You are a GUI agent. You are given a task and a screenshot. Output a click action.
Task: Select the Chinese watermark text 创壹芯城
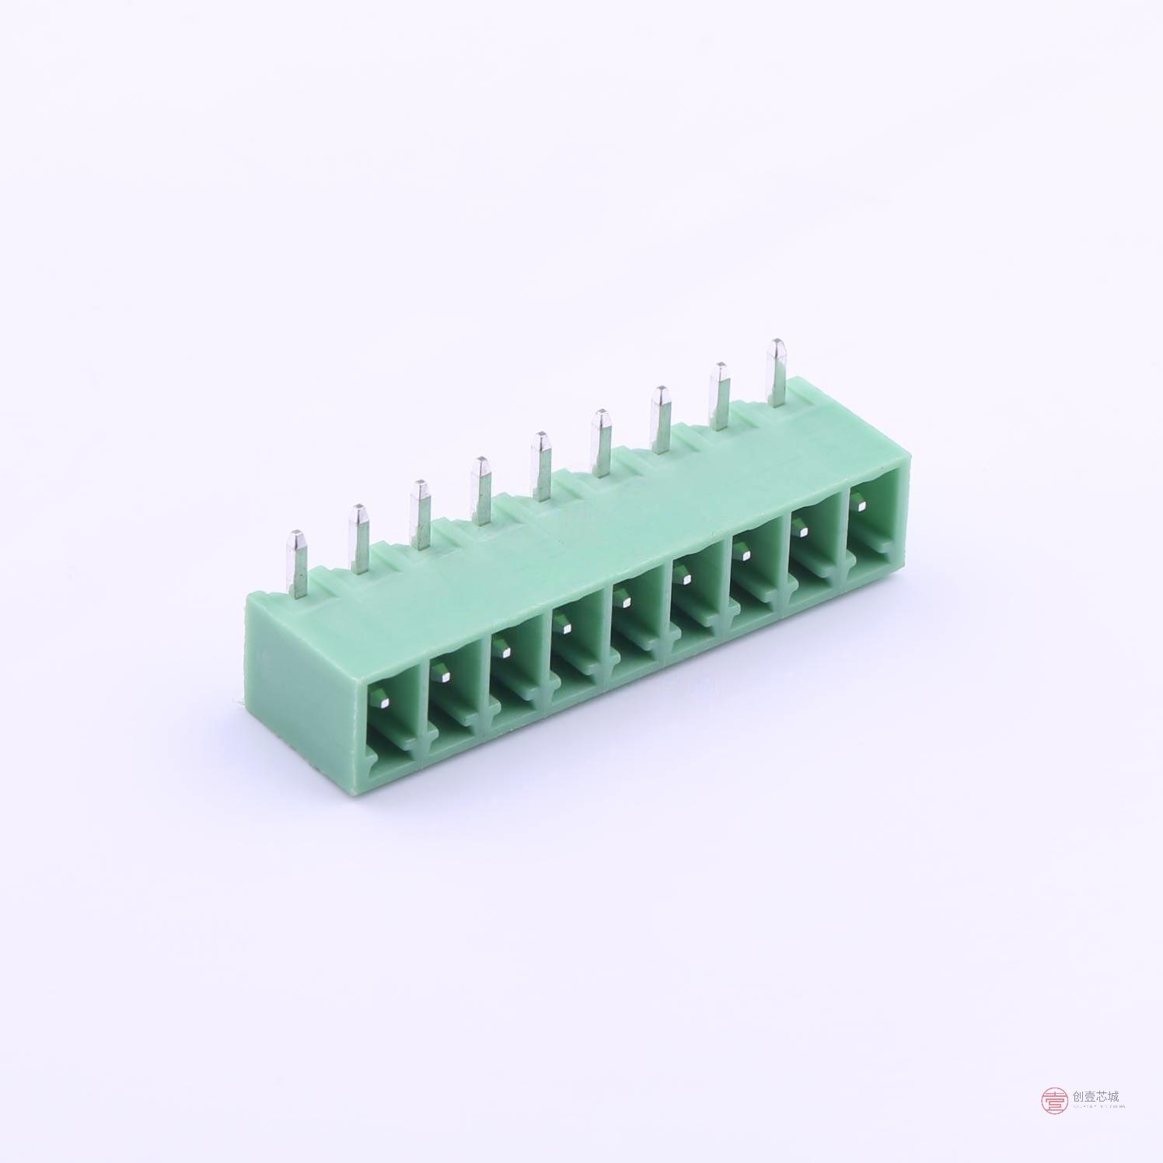pyautogui.click(x=1095, y=1096)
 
